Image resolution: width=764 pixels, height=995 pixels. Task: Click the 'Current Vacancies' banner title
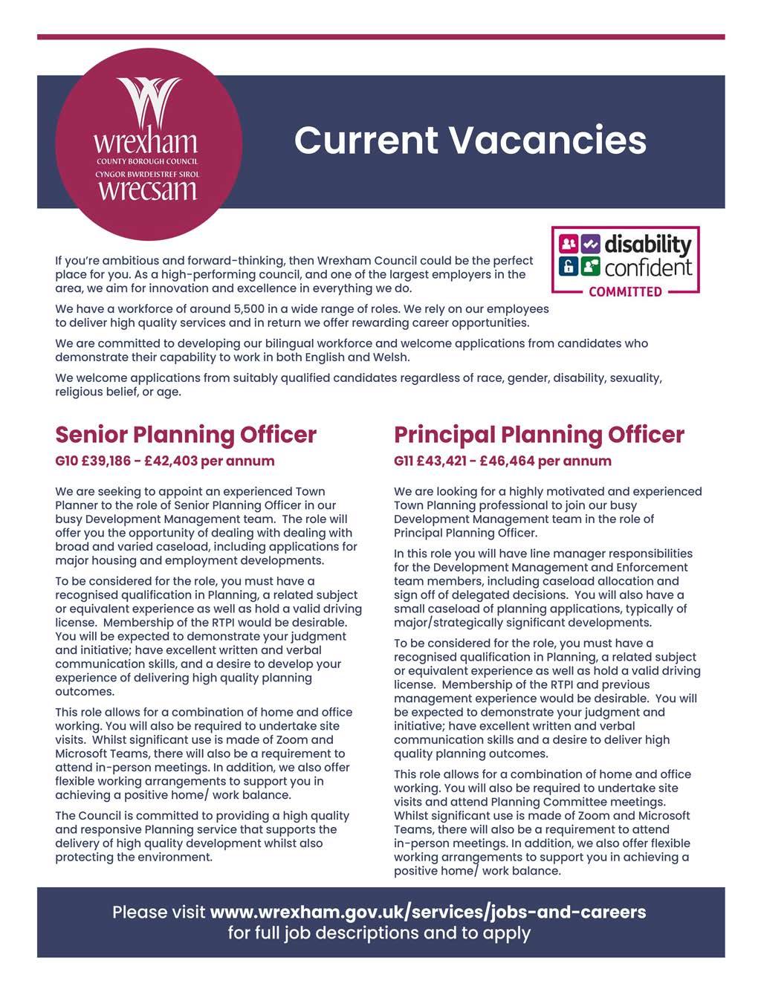[x=470, y=140]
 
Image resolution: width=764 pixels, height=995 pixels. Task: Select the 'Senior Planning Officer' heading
[x=186, y=435]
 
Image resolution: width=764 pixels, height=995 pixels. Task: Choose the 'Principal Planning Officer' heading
[x=539, y=435]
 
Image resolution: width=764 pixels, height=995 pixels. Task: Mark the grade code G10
[x=66, y=461]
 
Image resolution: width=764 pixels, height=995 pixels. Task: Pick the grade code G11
[x=404, y=461]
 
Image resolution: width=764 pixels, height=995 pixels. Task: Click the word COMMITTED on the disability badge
[x=625, y=291]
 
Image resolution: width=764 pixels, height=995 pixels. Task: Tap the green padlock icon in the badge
[x=568, y=265]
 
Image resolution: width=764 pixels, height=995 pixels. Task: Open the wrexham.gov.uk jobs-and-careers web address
[x=428, y=912]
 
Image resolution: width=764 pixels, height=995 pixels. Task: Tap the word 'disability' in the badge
[x=647, y=244]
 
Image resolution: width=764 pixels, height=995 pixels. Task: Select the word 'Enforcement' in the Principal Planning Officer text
[x=654, y=568]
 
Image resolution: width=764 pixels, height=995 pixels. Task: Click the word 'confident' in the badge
[x=648, y=267]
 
